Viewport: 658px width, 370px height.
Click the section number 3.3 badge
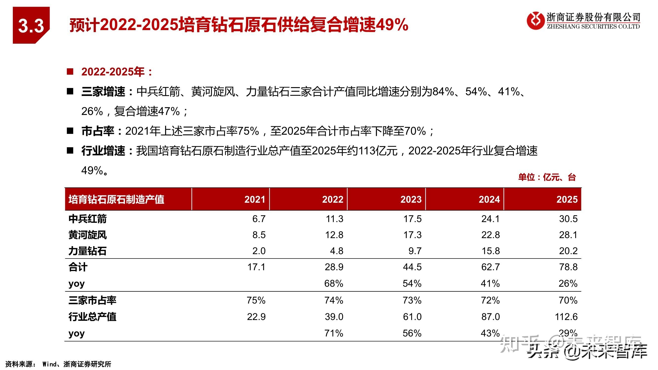(31, 26)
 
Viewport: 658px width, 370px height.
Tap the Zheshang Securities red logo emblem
(535, 21)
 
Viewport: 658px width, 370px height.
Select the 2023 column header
(410, 199)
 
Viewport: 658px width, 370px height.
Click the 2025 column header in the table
(567, 199)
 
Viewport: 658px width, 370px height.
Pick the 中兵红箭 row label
(87, 219)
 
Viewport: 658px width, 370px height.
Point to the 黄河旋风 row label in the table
(87, 235)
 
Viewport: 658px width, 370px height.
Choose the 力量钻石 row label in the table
(87, 251)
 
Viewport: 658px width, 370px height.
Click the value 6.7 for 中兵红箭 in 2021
(259, 219)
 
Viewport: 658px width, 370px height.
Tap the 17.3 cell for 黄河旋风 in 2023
(412, 235)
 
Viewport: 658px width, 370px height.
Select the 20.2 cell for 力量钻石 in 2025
(568, 251)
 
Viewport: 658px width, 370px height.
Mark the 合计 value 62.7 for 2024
(490, 267)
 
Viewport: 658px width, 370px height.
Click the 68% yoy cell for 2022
(334, 283)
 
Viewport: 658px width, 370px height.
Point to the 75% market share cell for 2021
(256, 300)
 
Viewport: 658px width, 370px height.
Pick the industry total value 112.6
(566, 317)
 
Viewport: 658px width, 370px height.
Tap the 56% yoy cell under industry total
(412, 333)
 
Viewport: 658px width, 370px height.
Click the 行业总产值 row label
(92, 317)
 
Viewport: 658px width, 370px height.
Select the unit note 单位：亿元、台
(547, 177)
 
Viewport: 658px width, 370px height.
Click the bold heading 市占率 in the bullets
(97, 131)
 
